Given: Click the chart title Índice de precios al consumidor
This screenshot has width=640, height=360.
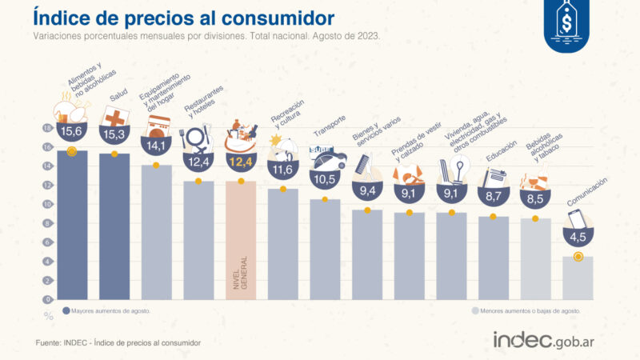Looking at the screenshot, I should (x=184, y=18).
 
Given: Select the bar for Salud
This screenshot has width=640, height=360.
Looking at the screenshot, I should (x=114, y=228).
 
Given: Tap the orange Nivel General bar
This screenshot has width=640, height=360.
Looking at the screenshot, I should (x=241, y=240).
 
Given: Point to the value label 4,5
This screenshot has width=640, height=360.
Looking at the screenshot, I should (x=578, y=237).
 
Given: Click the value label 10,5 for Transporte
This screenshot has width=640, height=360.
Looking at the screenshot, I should (x=326, y=179).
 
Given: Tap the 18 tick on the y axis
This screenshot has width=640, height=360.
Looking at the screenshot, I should (x=46, y=128).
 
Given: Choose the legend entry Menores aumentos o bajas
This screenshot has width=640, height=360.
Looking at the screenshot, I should (x=526, y=310).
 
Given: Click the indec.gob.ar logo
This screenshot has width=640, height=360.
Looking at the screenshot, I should (x=548, y=339).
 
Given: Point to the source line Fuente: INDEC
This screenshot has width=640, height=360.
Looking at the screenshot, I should (x=118, y=342).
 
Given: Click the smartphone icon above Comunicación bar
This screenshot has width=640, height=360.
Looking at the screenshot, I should (x=576, y=218).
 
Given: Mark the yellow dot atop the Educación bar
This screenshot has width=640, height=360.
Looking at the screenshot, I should (x=493, y=217).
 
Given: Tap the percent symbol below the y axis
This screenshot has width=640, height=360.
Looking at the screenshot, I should (x=48, y=316).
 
